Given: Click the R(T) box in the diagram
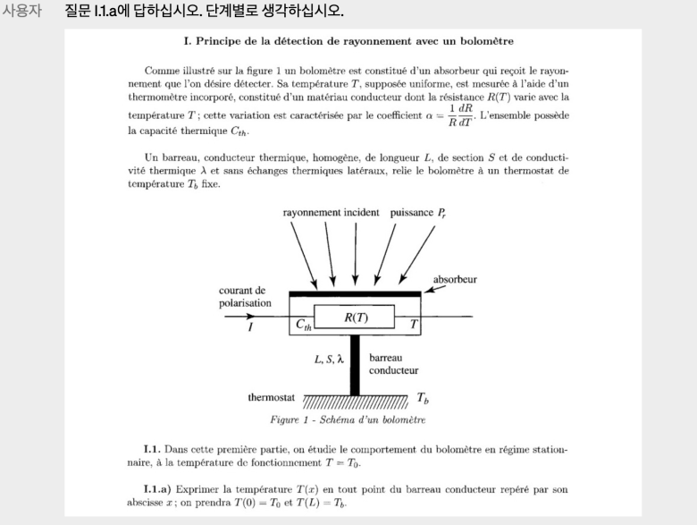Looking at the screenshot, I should click(x=356, y=318).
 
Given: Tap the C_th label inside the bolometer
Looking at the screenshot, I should click(x=305, y=326).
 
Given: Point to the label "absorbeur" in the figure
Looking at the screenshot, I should click(x=455, y=279).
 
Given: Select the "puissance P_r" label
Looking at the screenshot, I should click(x=417, y=213).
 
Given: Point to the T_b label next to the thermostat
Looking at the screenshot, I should click(x=424, y=398).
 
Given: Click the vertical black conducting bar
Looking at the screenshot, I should click(x=355, y=362).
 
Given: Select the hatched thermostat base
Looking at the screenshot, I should click(x=354, y=402).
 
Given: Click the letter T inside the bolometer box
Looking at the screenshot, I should click(x=412, y=325).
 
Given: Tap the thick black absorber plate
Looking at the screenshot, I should click(x=356, y=292).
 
